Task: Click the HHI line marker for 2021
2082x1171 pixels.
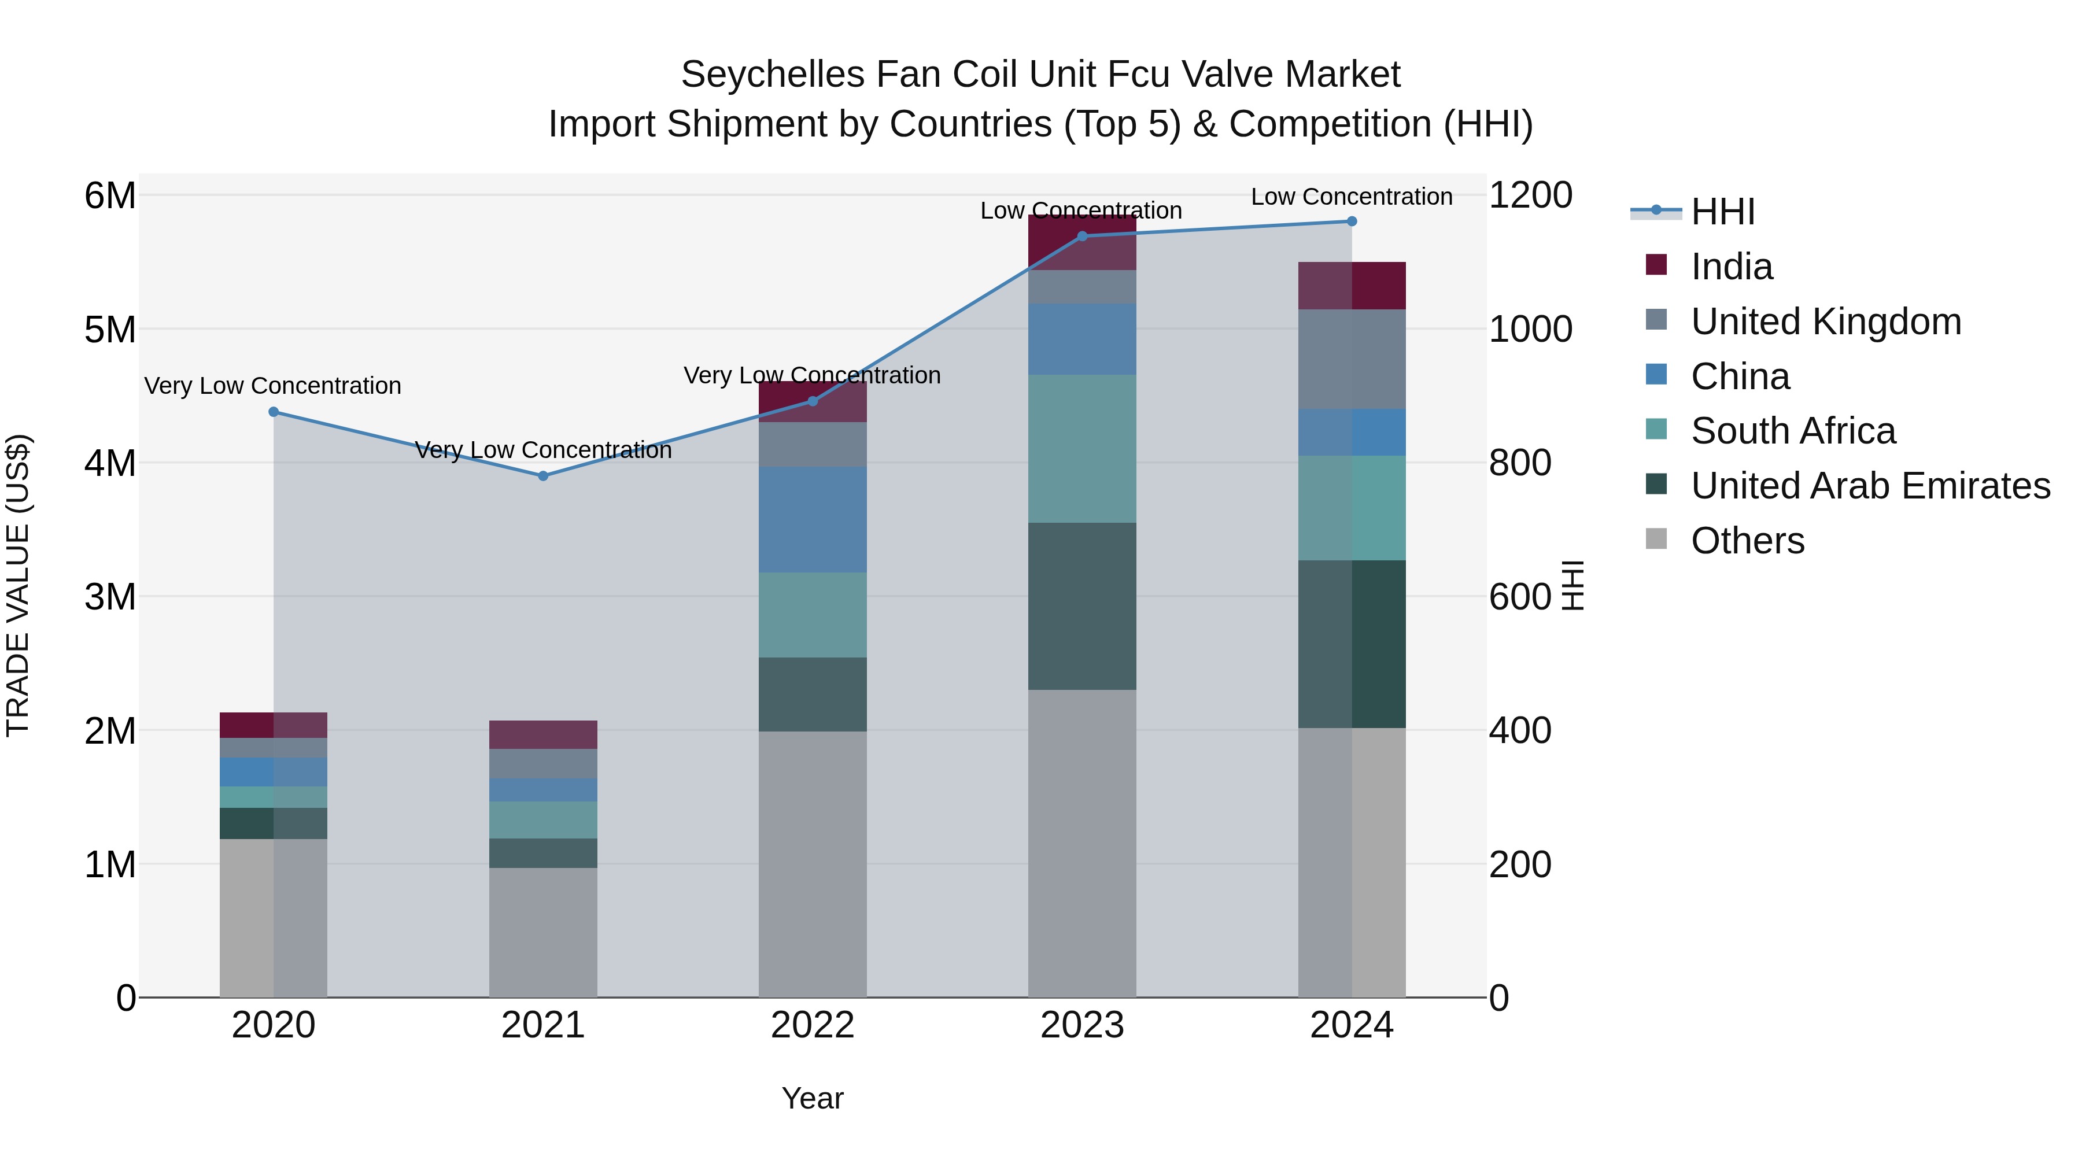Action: tap(543, 476)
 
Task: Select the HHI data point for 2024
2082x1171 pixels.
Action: tap(1352, 221)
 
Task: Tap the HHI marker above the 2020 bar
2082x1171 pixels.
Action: tap(273, 412)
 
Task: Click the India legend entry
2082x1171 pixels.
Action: tap(1731, 267)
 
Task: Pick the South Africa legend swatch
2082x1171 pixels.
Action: tap(1656, 431)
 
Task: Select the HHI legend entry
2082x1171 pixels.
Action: tap(1722, 212)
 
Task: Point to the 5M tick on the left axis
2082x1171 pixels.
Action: tap(110, 330)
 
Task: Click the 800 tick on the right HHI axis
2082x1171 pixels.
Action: tap(1519, 463)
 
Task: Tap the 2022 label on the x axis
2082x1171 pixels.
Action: tap(813, 1025)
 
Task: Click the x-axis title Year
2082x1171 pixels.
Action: tap(813, 1098)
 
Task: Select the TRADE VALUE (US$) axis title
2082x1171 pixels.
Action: tap(18, 586)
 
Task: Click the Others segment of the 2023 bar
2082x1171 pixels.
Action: tap(1082, 843)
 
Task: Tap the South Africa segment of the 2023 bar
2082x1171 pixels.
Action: tap(1082, 449)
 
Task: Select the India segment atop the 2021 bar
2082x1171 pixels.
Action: tap(543, 734)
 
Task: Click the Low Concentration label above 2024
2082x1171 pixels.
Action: tap(1352, 197)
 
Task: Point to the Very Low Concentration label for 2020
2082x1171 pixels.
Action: tap(273, 386)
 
